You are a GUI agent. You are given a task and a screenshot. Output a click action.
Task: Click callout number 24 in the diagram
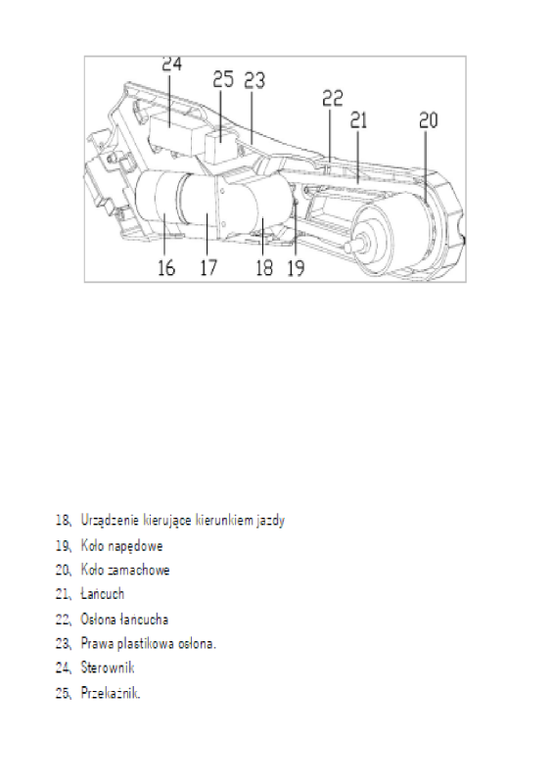pos(172,65)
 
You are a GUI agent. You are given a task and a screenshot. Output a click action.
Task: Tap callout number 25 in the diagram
pos(223,77)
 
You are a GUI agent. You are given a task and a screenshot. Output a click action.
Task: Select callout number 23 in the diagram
pos(254,80)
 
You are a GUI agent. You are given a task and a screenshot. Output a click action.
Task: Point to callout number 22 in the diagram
pos(333,99)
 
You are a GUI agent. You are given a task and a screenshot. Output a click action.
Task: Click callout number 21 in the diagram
pos(358,120)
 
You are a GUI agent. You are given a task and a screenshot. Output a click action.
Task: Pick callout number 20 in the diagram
pos(429,120)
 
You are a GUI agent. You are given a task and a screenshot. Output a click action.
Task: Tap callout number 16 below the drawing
pos(167,267)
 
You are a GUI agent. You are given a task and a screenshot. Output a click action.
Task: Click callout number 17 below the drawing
pos(208,267)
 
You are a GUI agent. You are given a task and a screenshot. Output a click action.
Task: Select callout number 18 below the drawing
pos(264,267)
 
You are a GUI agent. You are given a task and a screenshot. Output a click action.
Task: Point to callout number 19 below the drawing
pos(297,267)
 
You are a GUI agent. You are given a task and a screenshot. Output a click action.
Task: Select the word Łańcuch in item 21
pos(103,594)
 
